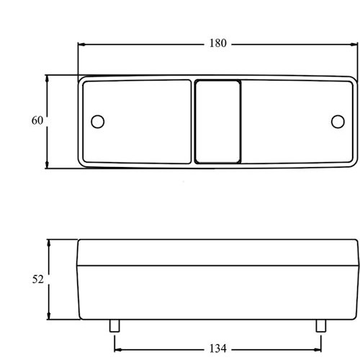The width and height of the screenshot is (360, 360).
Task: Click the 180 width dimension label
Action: (x=218, y=43)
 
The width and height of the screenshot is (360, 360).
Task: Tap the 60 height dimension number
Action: (x=37, y=120)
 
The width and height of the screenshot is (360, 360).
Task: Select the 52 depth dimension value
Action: (x=38, y=279)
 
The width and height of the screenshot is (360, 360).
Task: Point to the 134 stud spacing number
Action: (x=218, y=348)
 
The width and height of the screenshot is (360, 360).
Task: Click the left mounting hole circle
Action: (x=98, y=122)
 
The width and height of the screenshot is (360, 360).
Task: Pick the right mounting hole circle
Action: (x=338, y=122)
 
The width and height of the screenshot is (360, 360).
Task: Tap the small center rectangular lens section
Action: (x=217, y=122)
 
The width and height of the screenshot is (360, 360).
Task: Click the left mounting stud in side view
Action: (x=114, y=325)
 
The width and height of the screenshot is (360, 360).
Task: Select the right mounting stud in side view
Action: (x=321, y=325)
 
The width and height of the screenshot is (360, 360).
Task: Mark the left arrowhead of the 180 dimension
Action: (x=82, y=45)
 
